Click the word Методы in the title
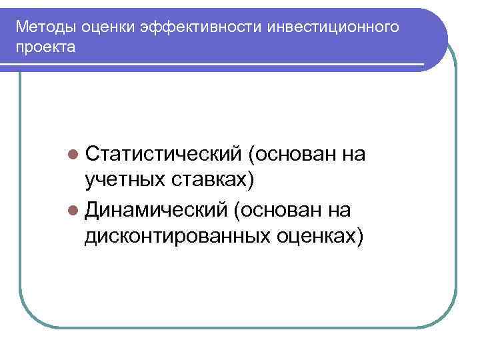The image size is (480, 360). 46,28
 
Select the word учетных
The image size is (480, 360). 126,179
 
